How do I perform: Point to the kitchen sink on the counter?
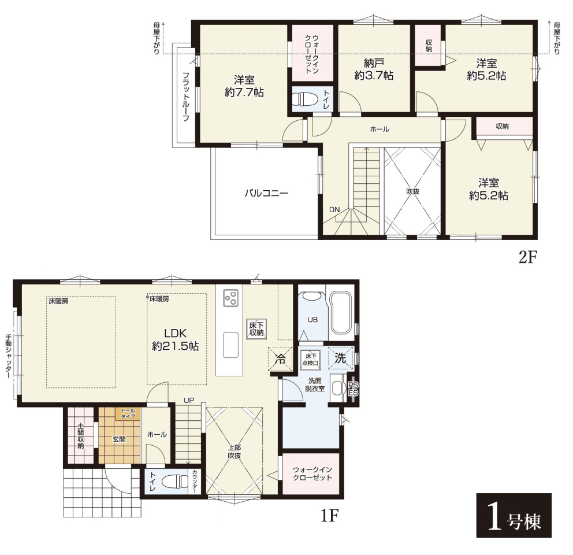click(x=230, y=345)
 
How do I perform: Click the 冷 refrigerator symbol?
click(x=280, y=358)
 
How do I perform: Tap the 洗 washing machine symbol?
click(x=341, y=357)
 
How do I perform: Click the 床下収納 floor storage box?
click(x=256, y=328)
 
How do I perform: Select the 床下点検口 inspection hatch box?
click(x=310, y=359)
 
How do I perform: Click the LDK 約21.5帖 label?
click(x=176, y=339)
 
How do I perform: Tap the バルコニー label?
click(x=266, y=193)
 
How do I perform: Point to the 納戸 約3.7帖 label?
click(x=374, y=69)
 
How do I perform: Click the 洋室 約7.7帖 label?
click(x=244, y=86)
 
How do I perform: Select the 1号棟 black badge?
click(x=514, y=515)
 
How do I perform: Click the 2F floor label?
click(x=528, y=257)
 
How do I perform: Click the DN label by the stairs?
click(x=334, y=210)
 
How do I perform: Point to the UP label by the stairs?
click(x=189, y=400)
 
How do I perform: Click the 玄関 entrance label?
click(x=119, y=439)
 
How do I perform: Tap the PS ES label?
click(x=354, y=388)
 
